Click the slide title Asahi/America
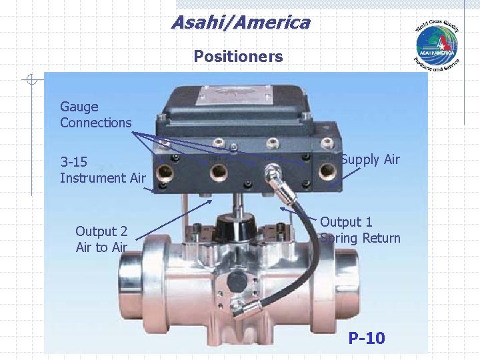pyautogui.click(x=241, y=23)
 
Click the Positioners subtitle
pyautogui.click(x=238, y=57)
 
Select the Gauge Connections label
pyautogui.click(x=95, y=115)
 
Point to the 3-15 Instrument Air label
pyautogui.click(x=102, y=170)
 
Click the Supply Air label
pyautogui.click(x=370, y=159)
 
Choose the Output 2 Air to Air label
pyautogui.click(x=101, y=239)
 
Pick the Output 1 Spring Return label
pyautogui.click(x=360, y=230)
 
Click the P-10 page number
pyautogui.click(x=366, y=339)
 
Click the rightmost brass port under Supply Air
pyautogui.click(x=327, y=171)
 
